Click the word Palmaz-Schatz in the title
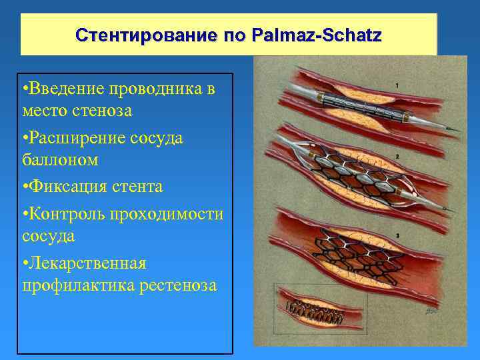[316, 35]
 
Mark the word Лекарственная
[84, 263]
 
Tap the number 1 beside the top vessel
[397, 85]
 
